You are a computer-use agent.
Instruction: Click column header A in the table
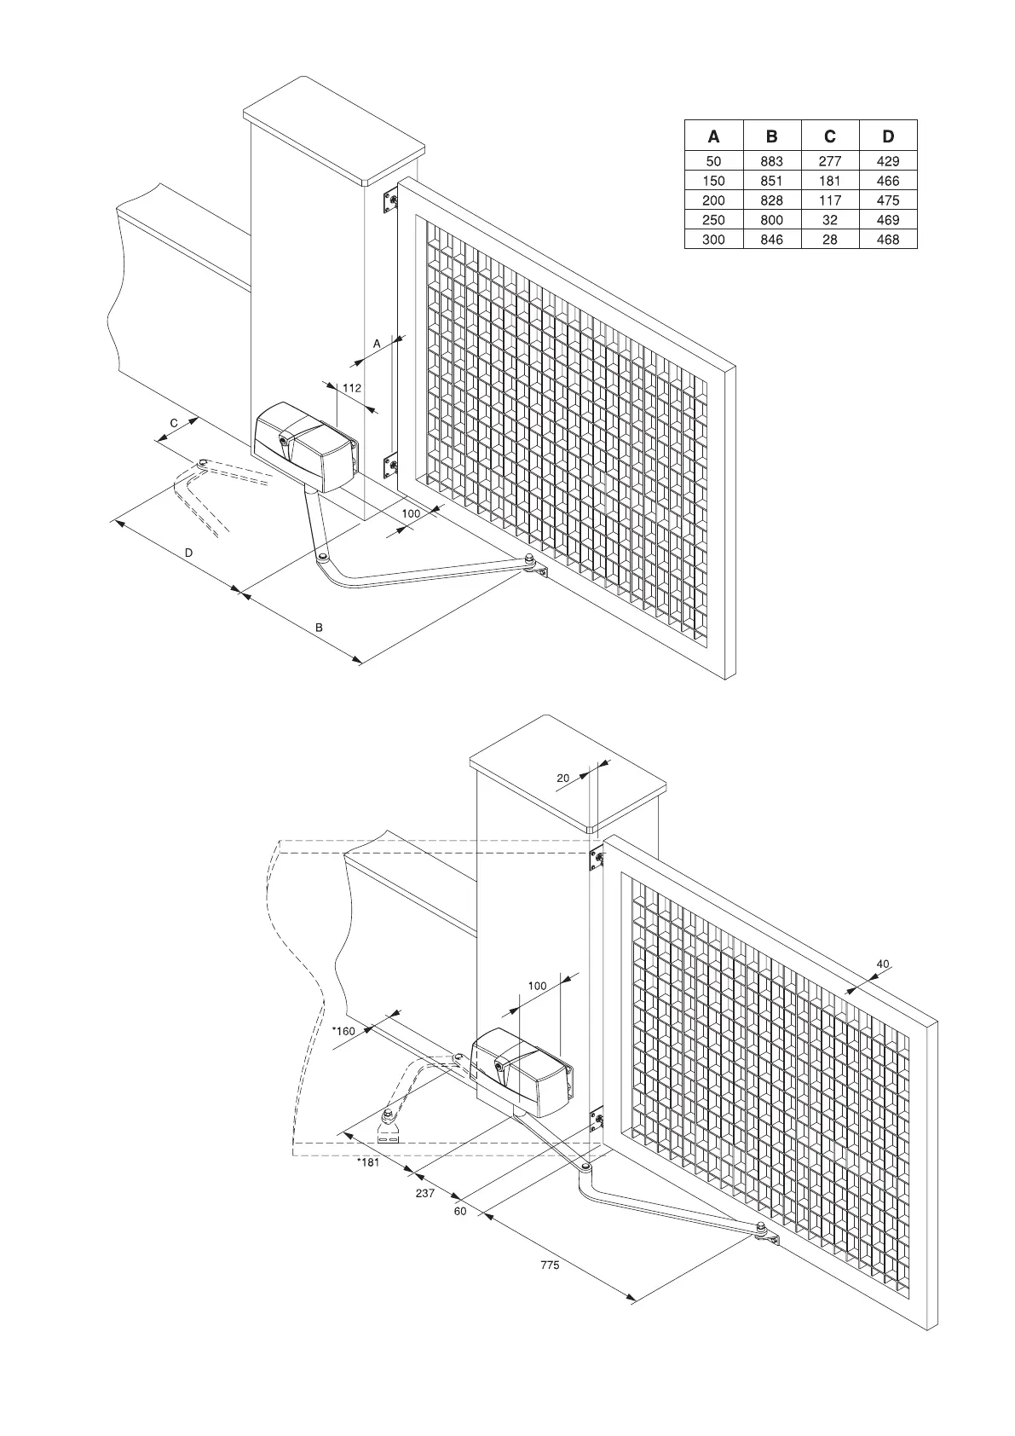point(714,136)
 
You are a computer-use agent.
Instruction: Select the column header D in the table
point(888,136)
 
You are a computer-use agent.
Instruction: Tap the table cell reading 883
point(771,161)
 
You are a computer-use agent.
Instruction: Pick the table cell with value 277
point(830,161)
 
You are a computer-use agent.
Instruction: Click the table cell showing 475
point(888,200)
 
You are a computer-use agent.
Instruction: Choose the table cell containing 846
point(771,240)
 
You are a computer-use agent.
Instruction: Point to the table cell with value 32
point(830,220)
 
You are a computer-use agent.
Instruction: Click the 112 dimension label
point(351,388)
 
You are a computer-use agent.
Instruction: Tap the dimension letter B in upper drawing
point(319,628)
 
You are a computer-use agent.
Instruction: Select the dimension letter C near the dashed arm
point(173,423)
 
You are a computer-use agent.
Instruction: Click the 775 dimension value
point(550,1265)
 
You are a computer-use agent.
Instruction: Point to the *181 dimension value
point(367,1162)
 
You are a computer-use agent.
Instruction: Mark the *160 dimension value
point(343,1031)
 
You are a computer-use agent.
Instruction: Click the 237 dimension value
point(425,1194)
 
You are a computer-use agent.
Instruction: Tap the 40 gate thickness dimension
point(883,964)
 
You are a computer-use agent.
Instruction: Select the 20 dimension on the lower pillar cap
point(562,779)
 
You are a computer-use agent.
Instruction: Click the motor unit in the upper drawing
point(305,446)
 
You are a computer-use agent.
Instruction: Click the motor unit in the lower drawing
point(521,1070)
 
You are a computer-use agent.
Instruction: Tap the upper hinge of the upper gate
point(392,201)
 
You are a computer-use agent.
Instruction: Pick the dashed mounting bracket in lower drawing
point(389,1132)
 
